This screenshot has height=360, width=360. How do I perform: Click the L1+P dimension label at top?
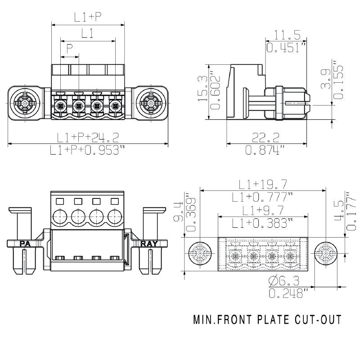(88, 17)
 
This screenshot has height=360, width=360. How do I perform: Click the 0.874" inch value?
(265, 150)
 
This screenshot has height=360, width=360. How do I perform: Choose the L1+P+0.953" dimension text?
(87, 150)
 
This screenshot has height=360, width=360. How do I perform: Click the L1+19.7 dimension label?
(263, 184)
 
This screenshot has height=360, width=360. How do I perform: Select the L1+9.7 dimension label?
(263, 210)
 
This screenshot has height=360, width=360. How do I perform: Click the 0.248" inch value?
(288, 294)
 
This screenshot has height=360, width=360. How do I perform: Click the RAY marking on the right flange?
(150, 244)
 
